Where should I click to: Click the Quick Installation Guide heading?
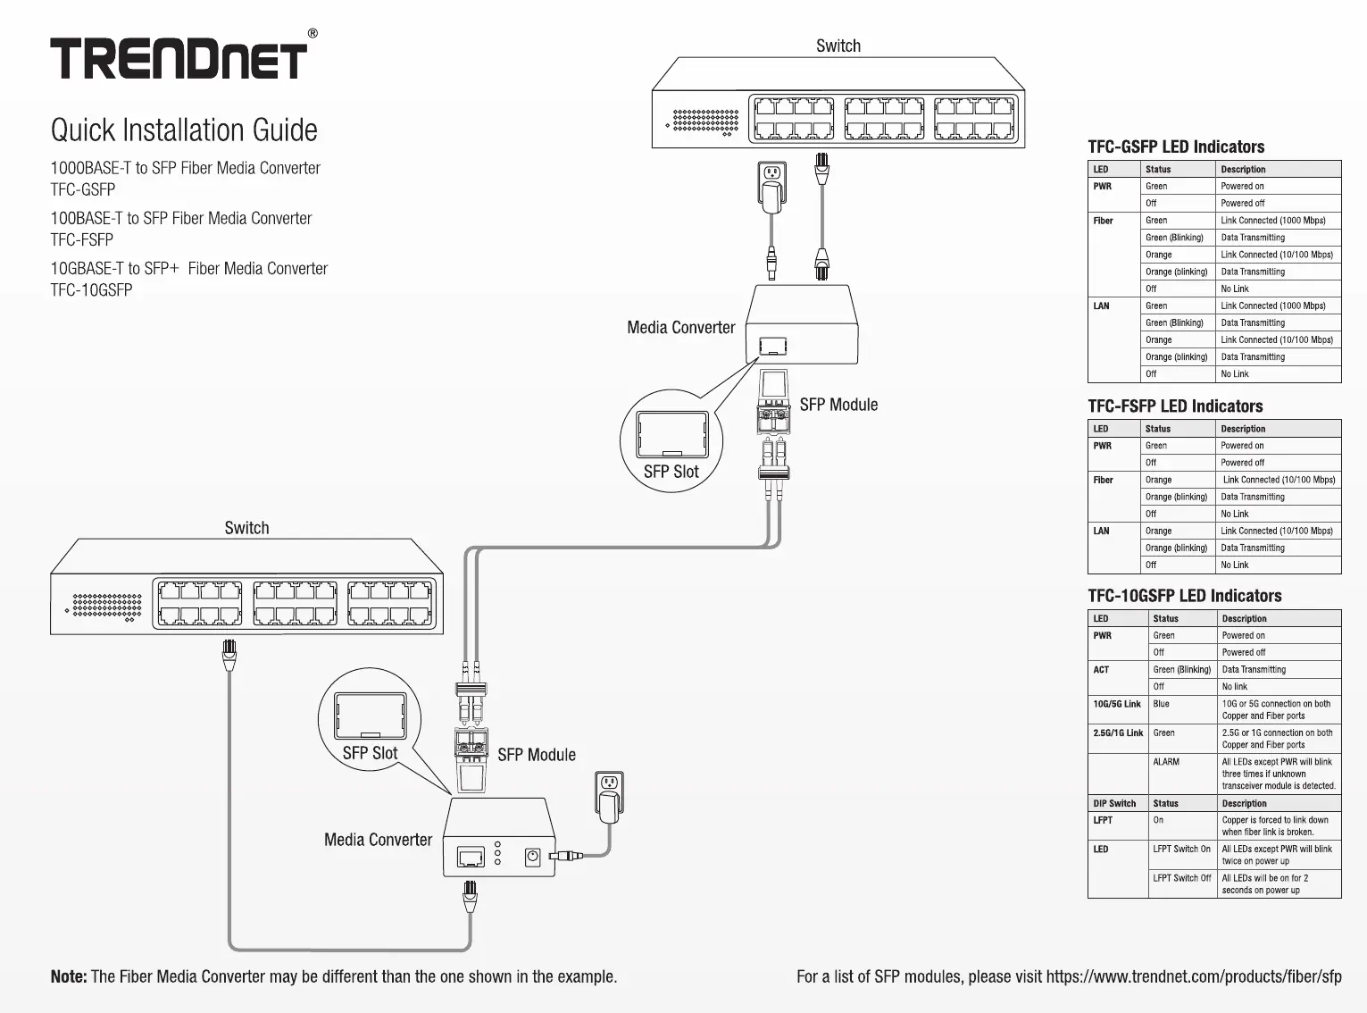(x=184, y=130)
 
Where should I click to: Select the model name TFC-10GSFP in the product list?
(x=91, y=289)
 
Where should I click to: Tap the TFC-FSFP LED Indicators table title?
(x=1175, y=406)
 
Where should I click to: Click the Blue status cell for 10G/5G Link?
(x=1161, y=704)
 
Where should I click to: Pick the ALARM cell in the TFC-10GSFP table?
(x=1166, y=761)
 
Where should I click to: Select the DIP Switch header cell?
(x=1114, y=803)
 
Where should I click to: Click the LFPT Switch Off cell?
(x=1181, y=878)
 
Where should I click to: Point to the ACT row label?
(x=1101, y=670)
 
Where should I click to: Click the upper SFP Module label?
(x=838, y=405)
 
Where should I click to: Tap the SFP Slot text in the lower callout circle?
(x=370, y=753)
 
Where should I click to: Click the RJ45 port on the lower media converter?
(x=471, y=857)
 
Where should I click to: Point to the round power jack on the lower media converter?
(x=532, y=857)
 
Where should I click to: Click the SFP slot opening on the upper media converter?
(x=773, y=346)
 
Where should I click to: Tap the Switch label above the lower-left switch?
(x=246, y=528)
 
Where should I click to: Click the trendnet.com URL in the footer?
(x=1194, y=976)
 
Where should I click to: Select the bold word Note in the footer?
(x=69, y=976)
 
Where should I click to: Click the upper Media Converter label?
(x=681, y=327)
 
